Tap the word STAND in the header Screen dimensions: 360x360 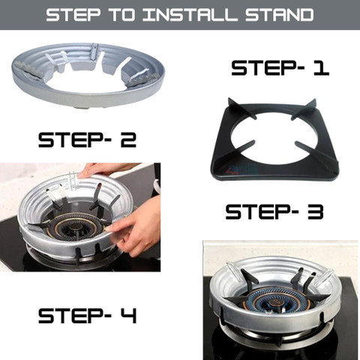(280, 14)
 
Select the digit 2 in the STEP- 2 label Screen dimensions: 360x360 (128, 140)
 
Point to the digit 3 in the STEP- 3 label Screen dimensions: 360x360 (315, 212)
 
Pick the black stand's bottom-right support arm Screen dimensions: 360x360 (316, 153)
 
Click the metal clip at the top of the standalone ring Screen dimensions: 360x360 (94, 52)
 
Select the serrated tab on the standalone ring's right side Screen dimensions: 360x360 (145, 77)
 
